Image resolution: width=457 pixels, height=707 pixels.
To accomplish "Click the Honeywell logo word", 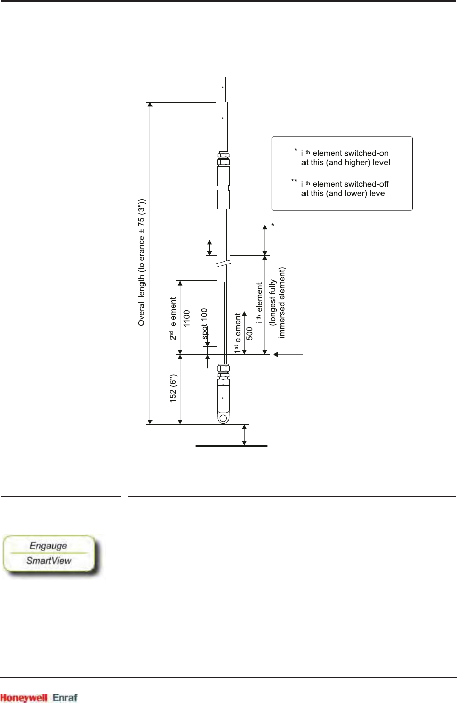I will pyautogui.click(x=24, y=698).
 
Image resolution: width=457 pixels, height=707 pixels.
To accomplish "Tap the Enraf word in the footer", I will pyautogui.click(x=65, y=698).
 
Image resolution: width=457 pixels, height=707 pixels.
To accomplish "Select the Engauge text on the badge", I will pyautogui.click(x=48, y=546).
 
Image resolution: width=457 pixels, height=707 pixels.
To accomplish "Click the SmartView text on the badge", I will pyautogui.click(x=49, y=560).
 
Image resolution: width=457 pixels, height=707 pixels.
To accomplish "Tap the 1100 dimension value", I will pyautogui.click(x=187, y=319).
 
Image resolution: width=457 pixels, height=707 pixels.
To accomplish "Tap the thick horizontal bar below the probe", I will pyautogui.click(x=231, y=446).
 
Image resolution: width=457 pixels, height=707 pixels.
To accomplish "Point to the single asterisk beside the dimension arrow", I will pyautogui.click(x=272, y=225).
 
